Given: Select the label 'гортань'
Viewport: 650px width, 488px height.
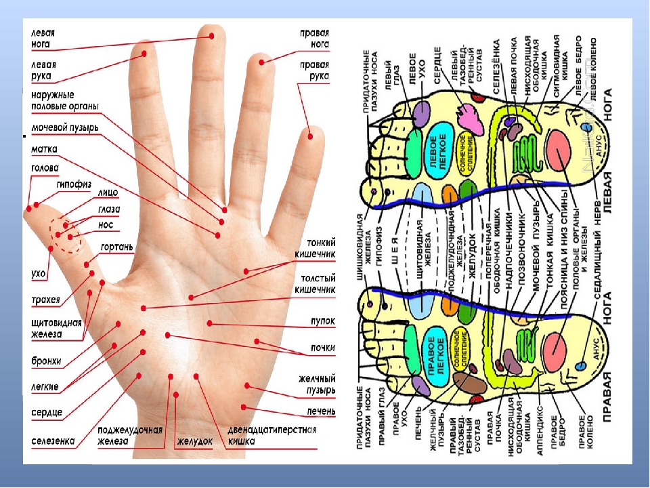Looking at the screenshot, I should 118,247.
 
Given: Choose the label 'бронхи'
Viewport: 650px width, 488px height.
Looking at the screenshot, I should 47,361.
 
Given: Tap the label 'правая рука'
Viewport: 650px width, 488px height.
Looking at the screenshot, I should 315,71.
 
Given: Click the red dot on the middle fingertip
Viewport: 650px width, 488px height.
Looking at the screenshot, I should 212,35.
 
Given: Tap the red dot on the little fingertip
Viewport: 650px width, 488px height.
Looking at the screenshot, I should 310,136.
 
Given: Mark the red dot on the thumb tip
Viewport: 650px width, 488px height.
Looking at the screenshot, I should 29,205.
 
